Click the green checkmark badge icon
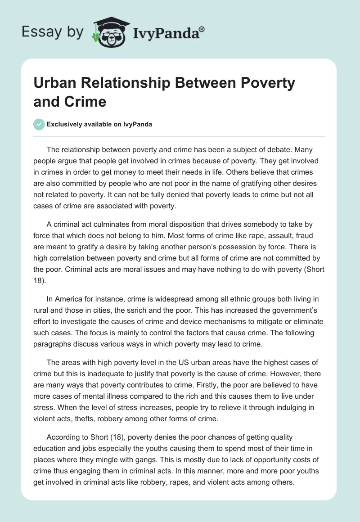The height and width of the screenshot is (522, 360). tap(39, 124)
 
